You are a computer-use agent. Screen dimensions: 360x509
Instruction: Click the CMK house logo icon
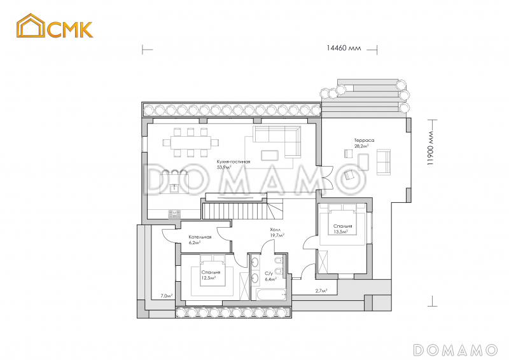click(29, 28)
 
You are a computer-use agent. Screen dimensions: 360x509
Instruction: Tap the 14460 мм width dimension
click(344, 48)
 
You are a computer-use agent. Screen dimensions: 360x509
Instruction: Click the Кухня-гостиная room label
click(233, 162)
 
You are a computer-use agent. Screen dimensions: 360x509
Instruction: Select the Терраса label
click(364, 140)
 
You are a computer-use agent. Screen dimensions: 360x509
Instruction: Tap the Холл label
click(275, 229)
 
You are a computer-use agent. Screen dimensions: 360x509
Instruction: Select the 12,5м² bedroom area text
click(208, 277)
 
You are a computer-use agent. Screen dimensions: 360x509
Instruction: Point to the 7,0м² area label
click(167, 296)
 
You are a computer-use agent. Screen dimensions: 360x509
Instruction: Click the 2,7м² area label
click(321, 291)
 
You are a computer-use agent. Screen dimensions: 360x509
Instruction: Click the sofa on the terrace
click(384, 162)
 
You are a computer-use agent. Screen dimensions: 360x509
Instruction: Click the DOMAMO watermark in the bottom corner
click(455, 349)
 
